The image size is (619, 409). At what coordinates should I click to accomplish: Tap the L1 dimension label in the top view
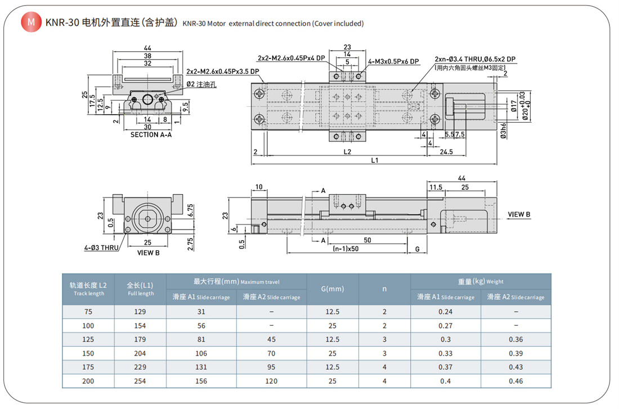pos(375,160)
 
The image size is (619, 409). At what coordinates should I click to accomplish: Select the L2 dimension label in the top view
pos(347,151)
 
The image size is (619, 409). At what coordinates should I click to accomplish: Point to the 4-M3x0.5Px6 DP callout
pos(394,61)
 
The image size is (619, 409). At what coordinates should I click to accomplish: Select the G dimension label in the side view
pos(417,249)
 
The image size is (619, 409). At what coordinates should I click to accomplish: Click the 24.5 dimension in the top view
pos(447,151)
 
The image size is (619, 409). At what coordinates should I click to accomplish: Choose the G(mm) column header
pos(332,289)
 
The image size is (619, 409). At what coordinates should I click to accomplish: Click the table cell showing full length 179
pos(140,339)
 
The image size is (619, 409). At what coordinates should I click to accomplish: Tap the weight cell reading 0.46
pos(515,381)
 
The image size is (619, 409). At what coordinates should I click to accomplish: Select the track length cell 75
pos(89,312)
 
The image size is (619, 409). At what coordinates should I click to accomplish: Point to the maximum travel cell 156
pos(201,381)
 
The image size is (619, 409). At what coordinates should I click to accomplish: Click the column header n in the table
pos(384,289)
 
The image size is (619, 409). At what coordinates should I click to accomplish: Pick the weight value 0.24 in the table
pos(445,312)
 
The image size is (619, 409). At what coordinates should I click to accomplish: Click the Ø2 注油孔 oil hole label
pos(201,84)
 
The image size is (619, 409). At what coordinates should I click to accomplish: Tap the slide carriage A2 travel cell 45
pos(271,339)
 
